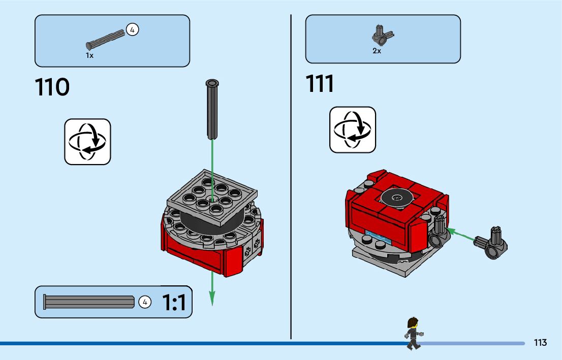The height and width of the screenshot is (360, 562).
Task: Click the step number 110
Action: click(x=52, y=88)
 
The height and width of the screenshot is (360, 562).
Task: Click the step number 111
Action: click(x=320, y=84)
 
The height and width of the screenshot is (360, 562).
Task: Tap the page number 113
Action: click(x=540, y=343)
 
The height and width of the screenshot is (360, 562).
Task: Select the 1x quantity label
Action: click(x=89, y=55)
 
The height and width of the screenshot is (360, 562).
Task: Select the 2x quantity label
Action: click(x=377, y=51)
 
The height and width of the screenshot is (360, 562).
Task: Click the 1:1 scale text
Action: click(x=174, y=303)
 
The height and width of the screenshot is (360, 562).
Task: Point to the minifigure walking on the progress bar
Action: click(x=413, y=334)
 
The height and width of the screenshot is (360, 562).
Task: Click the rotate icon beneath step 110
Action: click(x=87, y=142)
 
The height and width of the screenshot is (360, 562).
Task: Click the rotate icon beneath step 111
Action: click(x=353, y=129)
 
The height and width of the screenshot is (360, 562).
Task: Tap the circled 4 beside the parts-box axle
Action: click(x=132, y=30)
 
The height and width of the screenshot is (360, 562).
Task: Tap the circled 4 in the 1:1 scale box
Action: click(x=145, y=302)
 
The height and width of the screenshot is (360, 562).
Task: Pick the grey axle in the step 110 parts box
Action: click(x=105, y=40)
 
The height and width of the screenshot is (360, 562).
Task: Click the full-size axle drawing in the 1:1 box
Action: click(x=89, y=302)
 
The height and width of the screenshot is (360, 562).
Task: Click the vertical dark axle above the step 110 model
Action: click(x=211, y=109)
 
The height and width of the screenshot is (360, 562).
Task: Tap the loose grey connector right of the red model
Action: click(x=492, y=242)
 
